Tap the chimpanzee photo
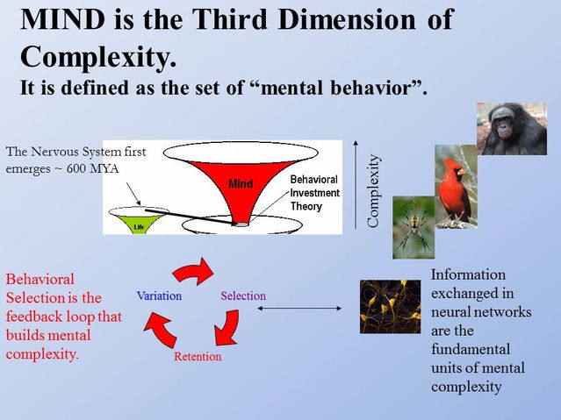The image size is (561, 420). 511,129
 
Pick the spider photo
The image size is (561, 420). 414,227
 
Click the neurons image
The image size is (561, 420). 390,306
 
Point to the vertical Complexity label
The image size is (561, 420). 374,190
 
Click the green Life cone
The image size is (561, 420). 138,219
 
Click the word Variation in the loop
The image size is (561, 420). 159,295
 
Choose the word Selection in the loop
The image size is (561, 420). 243,295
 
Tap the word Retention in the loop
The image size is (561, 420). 198,357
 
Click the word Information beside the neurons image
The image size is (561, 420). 469,274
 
